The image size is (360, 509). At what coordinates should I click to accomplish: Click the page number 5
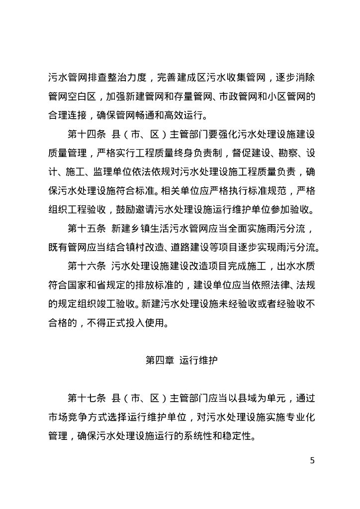tap(312, 460)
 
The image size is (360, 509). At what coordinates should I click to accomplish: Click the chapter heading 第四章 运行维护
tap(180, 360)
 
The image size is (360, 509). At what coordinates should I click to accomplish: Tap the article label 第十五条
tap(86, 229)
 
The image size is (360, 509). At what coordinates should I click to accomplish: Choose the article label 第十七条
tap(86, 398)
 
